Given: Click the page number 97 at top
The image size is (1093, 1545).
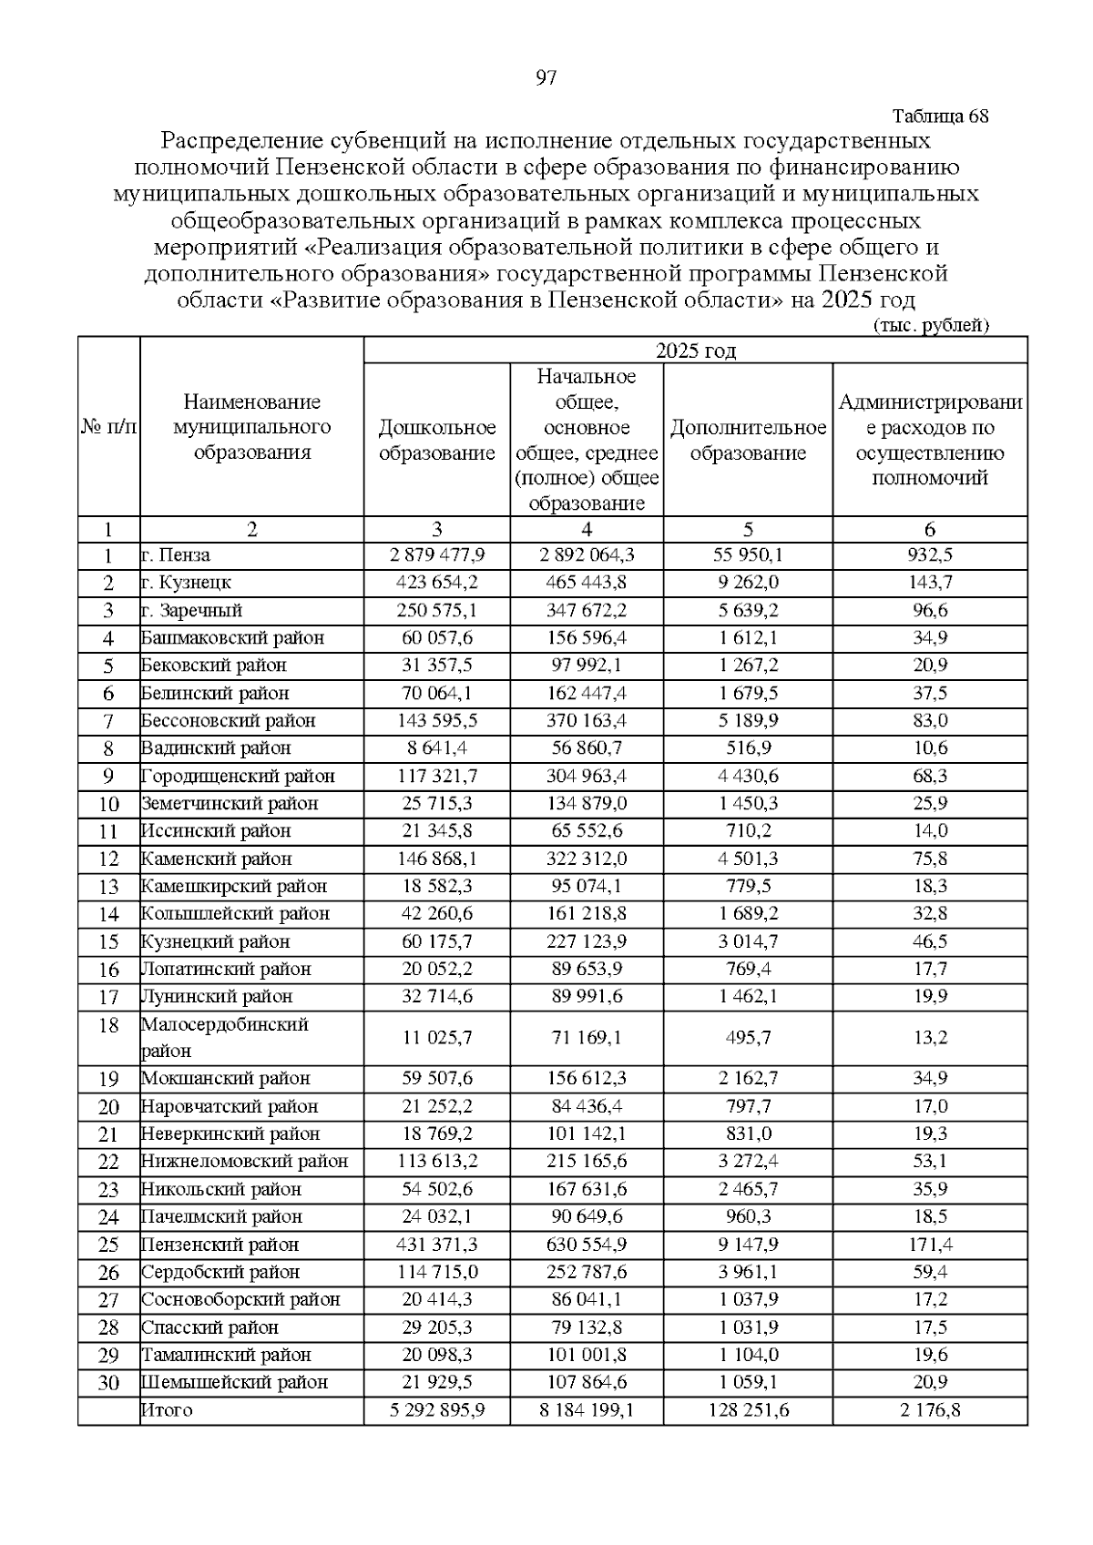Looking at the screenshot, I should [546, 78].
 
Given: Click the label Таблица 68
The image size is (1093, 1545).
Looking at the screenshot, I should [940, 117].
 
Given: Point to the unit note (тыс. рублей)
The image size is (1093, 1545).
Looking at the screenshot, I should [930, 325].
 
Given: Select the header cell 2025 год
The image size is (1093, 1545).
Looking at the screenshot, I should [695, 351].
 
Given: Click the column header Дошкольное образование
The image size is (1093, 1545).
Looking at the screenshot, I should [436, 441].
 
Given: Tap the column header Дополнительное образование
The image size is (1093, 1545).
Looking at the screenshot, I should [748, 441].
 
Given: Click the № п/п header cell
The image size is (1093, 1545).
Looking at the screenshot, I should [108, 427].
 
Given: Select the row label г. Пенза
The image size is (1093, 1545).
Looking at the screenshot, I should [176, 555].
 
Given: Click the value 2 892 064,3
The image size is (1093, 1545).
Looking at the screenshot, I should [587, 555].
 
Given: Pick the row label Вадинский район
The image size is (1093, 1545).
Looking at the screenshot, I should [216, 748].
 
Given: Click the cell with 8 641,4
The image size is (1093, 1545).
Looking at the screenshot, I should [436, 748].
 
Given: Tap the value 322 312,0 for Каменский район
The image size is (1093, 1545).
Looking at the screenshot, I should [587, 859].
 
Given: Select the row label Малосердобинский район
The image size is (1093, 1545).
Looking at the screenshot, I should [224, 1037].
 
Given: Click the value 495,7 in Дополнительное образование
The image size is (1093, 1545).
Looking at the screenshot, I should [748, 1038].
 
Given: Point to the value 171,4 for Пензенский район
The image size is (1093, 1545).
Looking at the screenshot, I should [930, 1245].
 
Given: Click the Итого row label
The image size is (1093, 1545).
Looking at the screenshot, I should [167, 1410].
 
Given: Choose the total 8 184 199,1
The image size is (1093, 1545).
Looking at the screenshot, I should [587, 1410].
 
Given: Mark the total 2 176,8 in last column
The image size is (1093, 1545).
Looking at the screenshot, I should [930, 1410].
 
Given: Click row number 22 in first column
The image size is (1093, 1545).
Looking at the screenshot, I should [108, 1162].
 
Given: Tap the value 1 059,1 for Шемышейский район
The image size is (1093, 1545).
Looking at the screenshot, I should [748, 1382].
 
